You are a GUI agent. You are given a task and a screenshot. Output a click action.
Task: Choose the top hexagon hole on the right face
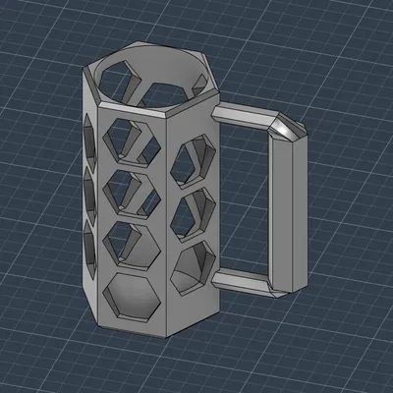click(x=193, y=161)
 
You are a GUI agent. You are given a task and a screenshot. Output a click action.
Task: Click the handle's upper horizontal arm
click(x=246, y=117)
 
